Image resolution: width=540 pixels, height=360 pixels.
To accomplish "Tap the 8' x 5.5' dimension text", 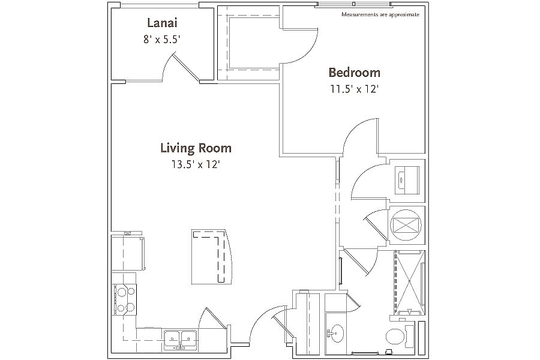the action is click(162, 40).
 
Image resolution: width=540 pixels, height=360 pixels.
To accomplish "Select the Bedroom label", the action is click(355, 73).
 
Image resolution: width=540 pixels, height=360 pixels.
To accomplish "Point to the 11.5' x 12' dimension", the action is click(355, 89).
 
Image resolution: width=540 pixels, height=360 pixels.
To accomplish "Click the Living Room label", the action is click(196, 148).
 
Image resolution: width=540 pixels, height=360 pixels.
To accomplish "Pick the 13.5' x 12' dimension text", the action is click(196, 164).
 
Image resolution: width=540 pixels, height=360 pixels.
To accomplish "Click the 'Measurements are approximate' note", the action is click(380, 14).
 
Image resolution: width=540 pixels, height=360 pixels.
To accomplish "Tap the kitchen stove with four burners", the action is click(124, 299).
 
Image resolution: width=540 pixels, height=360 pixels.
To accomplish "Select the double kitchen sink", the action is click(180, 339).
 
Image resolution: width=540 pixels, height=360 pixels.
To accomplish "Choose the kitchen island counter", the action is click(211, 257).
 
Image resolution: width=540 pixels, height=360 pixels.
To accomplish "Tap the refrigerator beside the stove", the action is click(128, 253).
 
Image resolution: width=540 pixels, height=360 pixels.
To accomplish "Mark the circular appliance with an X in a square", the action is click(406, 226).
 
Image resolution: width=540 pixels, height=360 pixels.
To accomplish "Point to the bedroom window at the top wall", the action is click(354, 4).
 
